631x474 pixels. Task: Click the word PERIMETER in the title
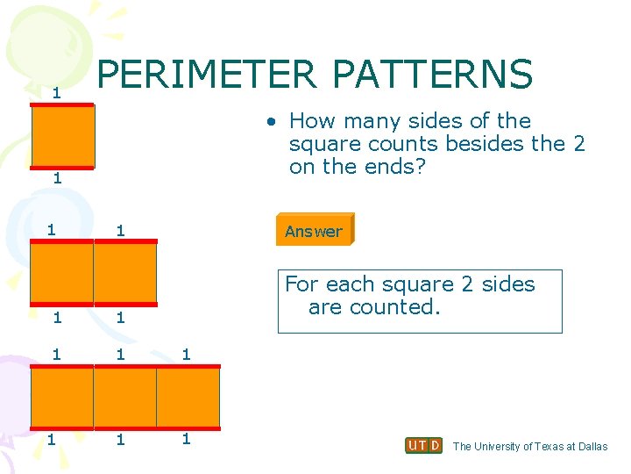tap(207, 75)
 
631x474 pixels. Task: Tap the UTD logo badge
tap(424, 446)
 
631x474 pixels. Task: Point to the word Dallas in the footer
tap(592, 447)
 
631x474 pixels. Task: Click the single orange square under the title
tap(62, 136)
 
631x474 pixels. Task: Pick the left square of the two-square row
tap(61, 273)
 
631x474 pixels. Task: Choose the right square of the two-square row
tap(125, 273)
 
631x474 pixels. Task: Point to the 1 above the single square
tap(55, 92)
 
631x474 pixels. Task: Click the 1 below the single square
tap(55, 178)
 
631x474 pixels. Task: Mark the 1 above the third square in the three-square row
tap(185, 355)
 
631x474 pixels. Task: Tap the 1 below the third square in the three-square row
tap(185, 438)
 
